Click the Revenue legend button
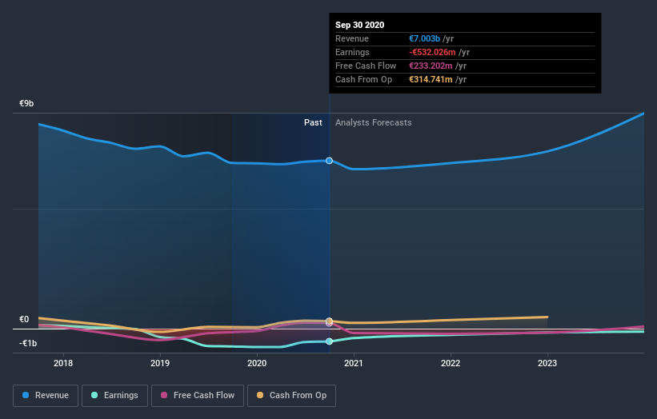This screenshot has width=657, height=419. pos(46,395)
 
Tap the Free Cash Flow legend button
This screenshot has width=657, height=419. pos(197,395)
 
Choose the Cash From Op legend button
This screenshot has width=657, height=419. pos(292,395)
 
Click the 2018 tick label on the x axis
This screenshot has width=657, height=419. pos(63,363)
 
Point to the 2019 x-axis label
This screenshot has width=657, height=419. pos(160,363)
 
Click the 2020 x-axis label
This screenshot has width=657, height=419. pos(257,363)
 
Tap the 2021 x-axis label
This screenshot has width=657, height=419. pos(354,363)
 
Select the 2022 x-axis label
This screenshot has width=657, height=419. pos(451,363)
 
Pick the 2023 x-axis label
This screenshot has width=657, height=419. pos(547,363)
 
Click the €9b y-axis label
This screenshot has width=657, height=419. pos(27,104)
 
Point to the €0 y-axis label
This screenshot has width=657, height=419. pos(24,319)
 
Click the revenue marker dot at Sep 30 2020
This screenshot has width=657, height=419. pos(329,161)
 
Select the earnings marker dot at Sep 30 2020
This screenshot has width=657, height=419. pos(329,341)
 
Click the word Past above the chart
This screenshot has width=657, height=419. pos(313,122)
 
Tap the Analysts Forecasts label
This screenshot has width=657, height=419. pos(374,122)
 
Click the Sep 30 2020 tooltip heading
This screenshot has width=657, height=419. pos(359,25)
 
